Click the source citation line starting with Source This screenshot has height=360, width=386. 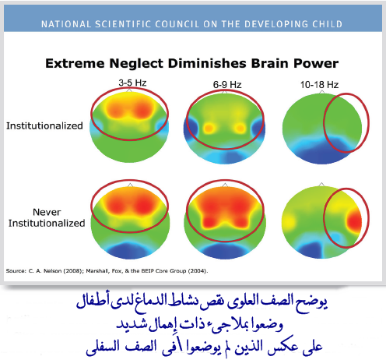(108, 270)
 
